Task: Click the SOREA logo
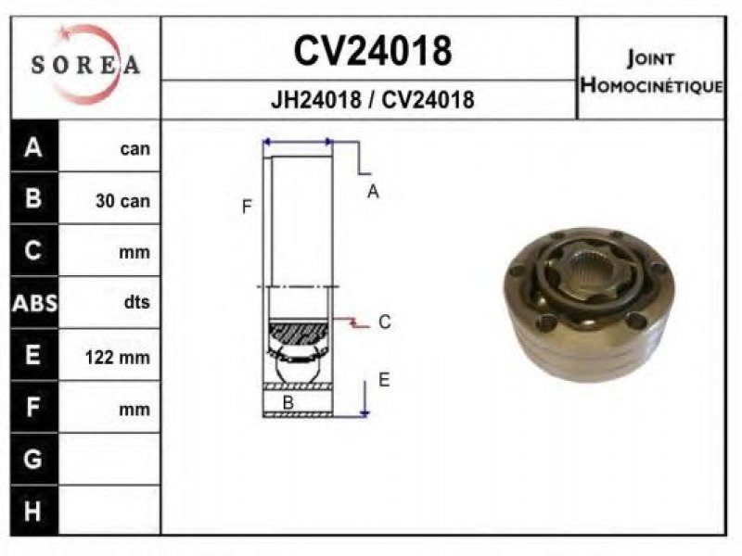85,64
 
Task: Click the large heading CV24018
373,51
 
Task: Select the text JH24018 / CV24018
372,100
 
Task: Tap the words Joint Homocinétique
652,72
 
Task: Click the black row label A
33,147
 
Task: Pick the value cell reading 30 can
122,200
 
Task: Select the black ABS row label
34,303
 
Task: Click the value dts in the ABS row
136,302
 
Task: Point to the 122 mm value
118,357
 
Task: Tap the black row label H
32,512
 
